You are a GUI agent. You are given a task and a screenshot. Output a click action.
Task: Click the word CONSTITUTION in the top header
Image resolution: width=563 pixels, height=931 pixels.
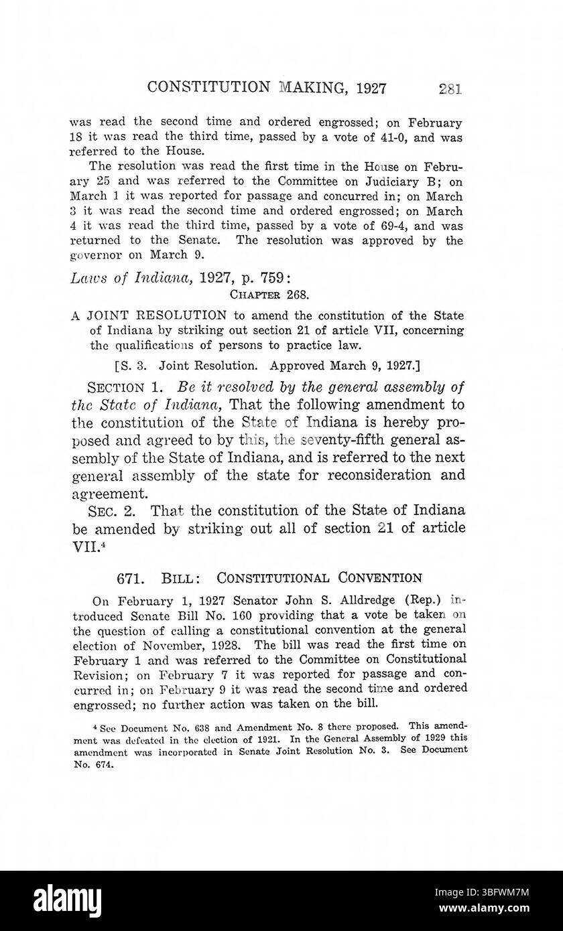click(x=202, y=87)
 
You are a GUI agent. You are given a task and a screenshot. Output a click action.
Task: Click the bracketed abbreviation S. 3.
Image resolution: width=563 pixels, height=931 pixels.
click(x=131, y=365)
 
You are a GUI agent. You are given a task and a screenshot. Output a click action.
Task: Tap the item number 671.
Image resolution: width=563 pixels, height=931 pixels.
click(x=126, y=577)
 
